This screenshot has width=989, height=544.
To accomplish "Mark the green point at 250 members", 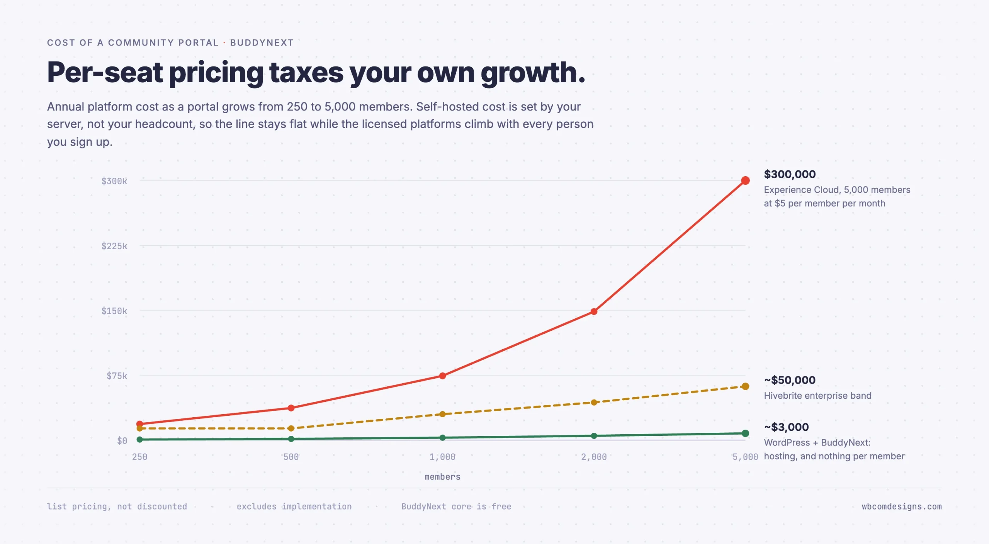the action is [140, 439].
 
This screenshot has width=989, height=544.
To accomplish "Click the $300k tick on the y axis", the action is [114, 181].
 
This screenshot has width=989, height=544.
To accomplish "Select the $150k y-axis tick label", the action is [114, 311].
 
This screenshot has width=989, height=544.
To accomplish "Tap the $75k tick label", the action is [117, 376].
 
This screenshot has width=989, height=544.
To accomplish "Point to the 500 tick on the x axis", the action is [291, 457].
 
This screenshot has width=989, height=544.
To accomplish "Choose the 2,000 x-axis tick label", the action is [594, 457].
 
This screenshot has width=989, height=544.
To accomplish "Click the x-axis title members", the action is [442, 477].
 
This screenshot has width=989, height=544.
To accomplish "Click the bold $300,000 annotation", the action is [790, 174].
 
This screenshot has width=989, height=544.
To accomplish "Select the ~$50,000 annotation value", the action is [790, 380].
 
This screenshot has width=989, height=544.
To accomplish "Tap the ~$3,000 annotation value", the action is [786, 427].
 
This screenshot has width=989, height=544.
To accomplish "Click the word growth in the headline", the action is [533, 73].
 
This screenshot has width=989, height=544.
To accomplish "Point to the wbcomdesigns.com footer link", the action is [902, 507].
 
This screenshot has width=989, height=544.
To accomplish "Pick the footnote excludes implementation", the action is [294, 507].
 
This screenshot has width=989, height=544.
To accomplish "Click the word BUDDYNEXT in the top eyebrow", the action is [262, 43].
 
